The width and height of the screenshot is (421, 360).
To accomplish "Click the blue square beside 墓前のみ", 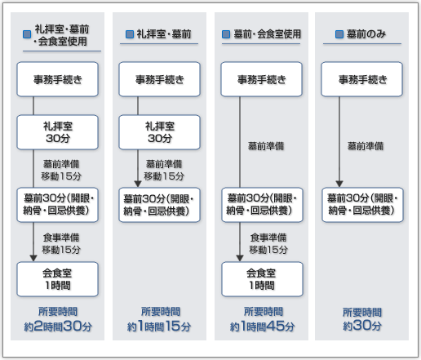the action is coord(339,34).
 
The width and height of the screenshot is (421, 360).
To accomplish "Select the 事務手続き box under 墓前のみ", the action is coord(361,79).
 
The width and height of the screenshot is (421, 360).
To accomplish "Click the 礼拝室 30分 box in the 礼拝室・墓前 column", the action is coord(159,132).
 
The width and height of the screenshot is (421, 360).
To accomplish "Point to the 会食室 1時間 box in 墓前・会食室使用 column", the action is coord(262,279).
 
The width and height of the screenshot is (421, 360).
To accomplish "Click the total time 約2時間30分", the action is coord(58,326).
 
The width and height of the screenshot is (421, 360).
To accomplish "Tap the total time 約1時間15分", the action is coord(159,326).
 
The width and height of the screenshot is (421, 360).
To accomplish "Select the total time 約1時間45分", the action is coord(262,326).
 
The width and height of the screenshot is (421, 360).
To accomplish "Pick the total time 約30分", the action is coord(362,326).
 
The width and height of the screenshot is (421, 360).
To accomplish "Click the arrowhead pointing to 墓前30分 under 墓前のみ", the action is coord(339,184).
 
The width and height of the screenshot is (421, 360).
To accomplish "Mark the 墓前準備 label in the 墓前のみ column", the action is coord(366,146).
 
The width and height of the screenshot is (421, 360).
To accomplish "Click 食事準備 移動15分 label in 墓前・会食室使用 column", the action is coord(268,243).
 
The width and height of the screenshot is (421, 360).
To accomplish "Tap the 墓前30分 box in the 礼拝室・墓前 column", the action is coord(159,205).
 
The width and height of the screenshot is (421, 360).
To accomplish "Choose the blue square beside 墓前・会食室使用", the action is coord(226,34).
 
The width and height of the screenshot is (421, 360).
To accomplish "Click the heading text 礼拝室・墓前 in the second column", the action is coord(164,34).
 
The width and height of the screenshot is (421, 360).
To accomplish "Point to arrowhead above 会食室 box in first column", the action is coord(33,258).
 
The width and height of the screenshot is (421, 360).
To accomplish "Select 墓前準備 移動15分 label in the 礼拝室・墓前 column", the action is coord(164,170).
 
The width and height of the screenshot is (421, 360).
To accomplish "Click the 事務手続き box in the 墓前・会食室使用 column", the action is coord(261,79).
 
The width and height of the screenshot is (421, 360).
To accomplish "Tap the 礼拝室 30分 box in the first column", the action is coord(57,132).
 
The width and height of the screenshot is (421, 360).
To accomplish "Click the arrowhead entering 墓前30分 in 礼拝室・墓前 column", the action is coord(138,184).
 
